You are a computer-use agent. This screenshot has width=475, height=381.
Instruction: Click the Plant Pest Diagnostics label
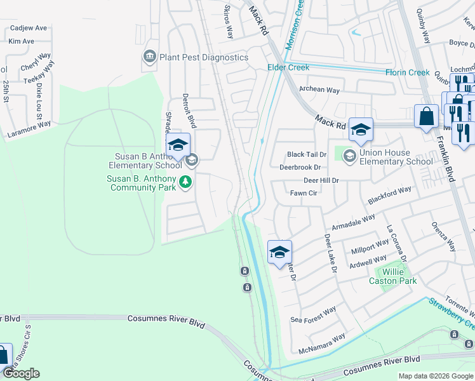(x=204, y=57)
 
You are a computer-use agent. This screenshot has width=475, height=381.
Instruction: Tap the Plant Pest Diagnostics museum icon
(x=150, y=57)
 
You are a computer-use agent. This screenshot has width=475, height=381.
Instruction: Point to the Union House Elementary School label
(x=396, y=157)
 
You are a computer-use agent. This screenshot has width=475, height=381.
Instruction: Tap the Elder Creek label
(x=288, y=67)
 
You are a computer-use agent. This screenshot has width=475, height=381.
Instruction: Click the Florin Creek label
(x=408, y=72)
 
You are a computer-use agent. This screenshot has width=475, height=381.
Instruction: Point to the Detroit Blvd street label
(x=187, y=110)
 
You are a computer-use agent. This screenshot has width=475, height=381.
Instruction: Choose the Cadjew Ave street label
(x=28, y=28)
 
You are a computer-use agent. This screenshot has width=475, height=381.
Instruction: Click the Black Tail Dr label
(x=306, y=154)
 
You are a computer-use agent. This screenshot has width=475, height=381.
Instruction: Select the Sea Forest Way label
(x=313, y=315)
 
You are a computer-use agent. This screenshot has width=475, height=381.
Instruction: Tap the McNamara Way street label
(x=322, y=343)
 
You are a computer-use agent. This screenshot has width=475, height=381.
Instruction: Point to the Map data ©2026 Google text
(x=436, y=376)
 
